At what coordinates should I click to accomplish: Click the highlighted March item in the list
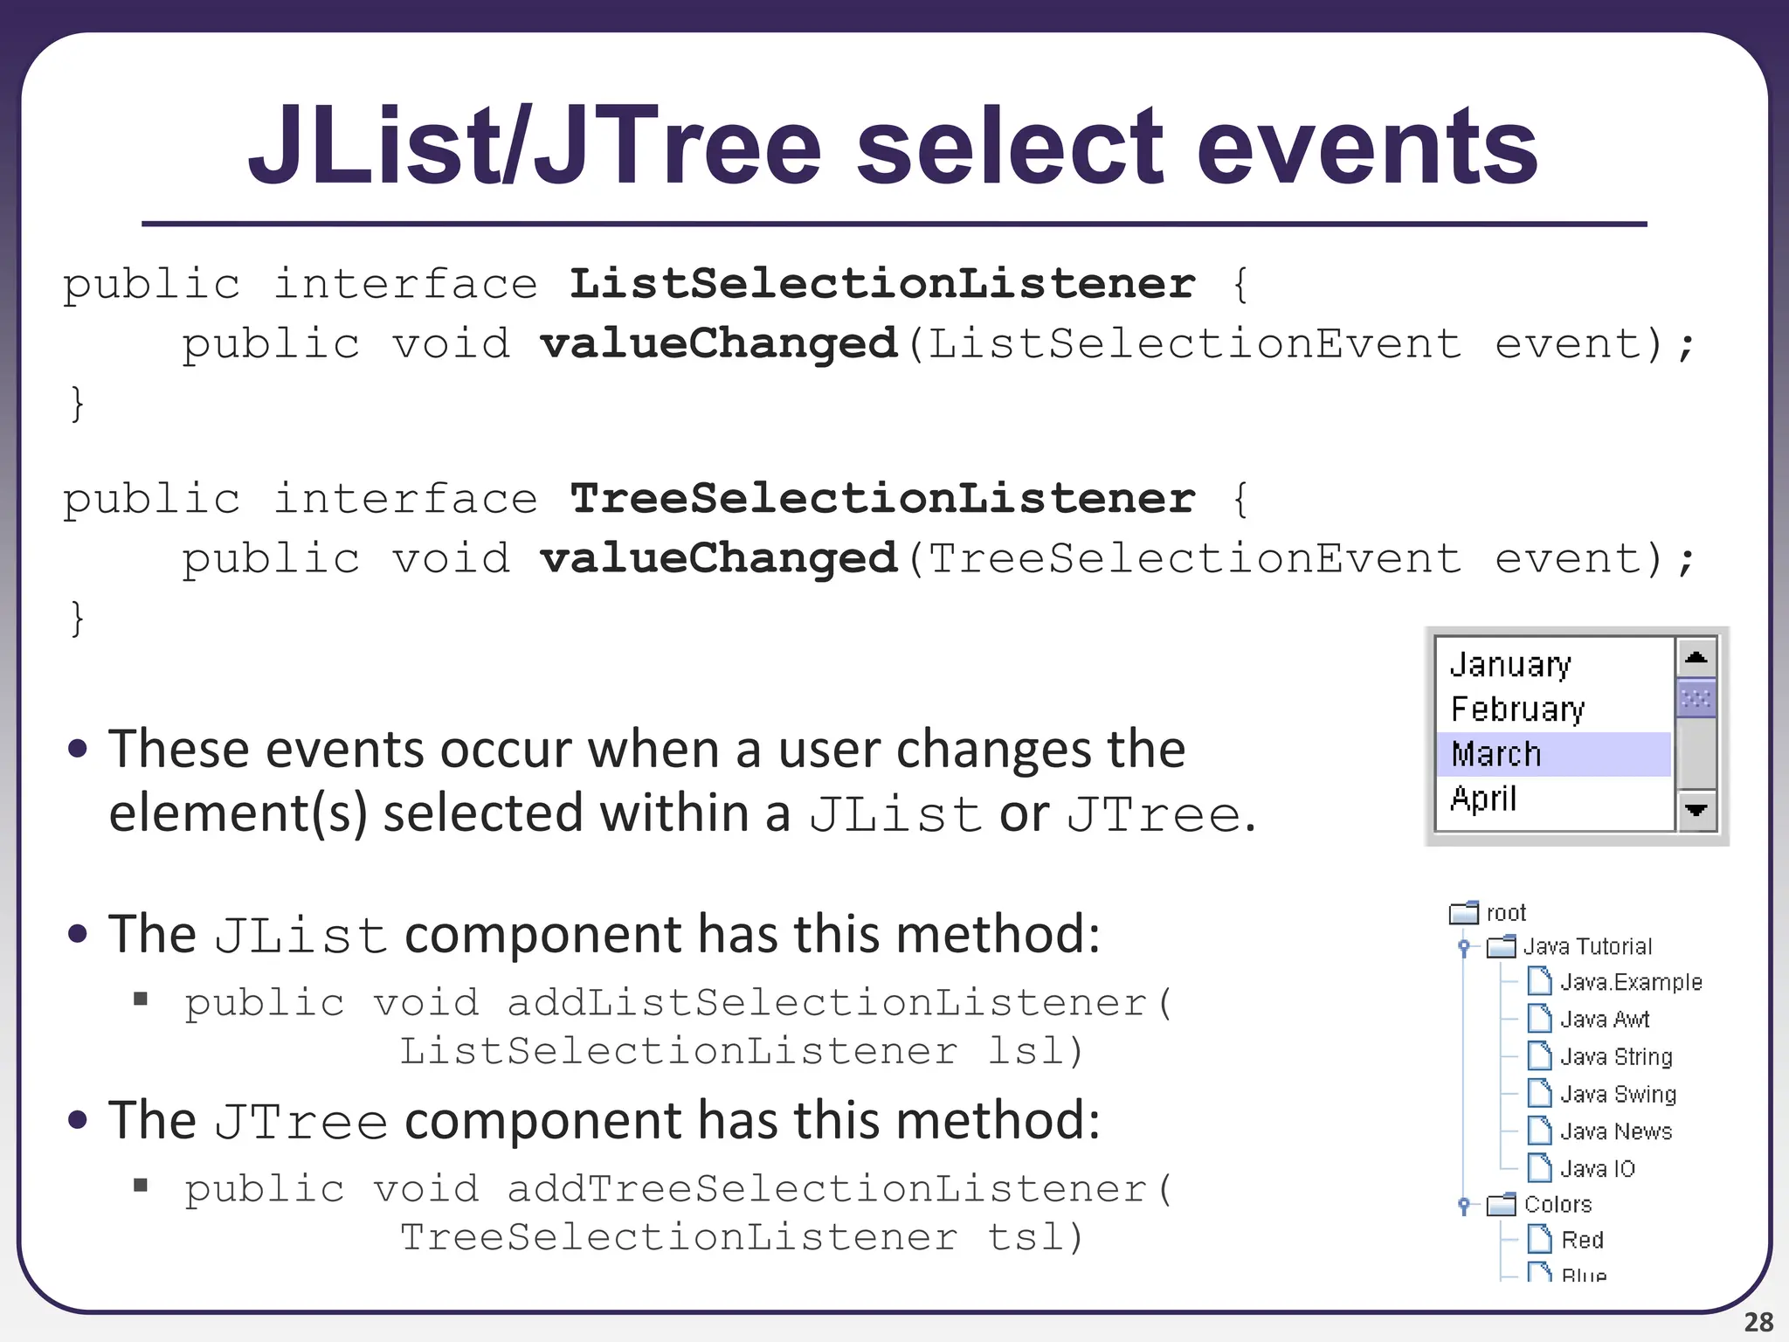point(1496,754)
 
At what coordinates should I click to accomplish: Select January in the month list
point(1510,665)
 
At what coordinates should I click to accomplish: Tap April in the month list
point(1483,799)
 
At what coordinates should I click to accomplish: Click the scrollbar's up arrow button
point(1696,657)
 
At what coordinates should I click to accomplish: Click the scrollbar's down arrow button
point(1696,810)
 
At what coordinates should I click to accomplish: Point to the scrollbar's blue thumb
point(1696,698)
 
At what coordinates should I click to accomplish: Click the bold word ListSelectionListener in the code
point(882,284)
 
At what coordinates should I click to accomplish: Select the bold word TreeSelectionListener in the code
point(882,499)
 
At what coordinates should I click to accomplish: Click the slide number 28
point(1758,1322)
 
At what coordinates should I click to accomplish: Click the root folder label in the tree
point(1506,913)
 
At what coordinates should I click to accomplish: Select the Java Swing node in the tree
point(1618,1094)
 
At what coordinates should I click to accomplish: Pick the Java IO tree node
point(1597,1169)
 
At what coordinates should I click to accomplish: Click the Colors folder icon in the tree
point(1502,1205)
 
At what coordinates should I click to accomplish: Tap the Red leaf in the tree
point(1582,1240)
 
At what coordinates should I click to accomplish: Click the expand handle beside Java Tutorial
point(1465,947)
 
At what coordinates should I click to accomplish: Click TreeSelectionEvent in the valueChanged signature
point(1193,559)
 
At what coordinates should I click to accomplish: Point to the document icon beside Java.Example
point(1539,981)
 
